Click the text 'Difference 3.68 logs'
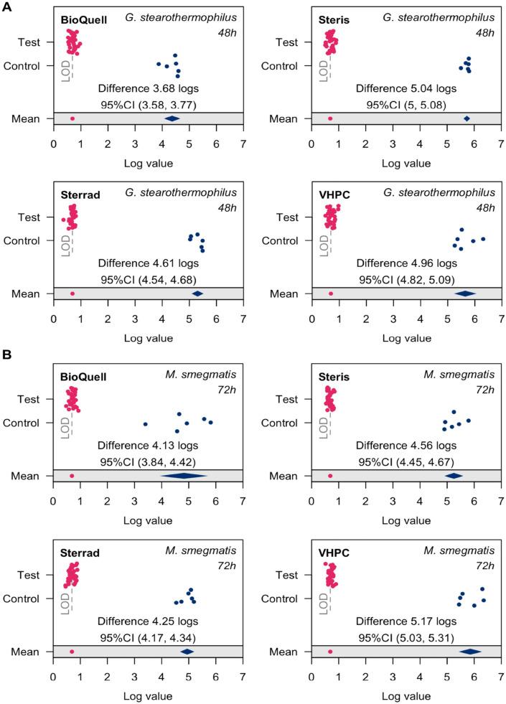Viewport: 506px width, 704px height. [x=148, y=89]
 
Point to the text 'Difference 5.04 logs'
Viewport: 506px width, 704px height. [x=406, y=89]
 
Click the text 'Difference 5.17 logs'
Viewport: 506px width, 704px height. [x=406, y=621]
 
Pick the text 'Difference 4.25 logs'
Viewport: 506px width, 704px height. [x=148, y=621]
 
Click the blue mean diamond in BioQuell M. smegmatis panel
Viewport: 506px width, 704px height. [x=184, y=475]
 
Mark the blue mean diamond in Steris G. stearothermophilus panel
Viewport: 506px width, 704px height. [x=467, y=118]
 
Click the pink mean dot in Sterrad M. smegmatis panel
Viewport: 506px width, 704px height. [x=72, y=652]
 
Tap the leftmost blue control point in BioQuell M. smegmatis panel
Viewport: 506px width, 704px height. [x=145, y=424]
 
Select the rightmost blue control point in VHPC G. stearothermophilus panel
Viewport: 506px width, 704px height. [x=483, y=239]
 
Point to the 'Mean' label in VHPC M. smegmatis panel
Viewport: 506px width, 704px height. [x=284, y=652]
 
